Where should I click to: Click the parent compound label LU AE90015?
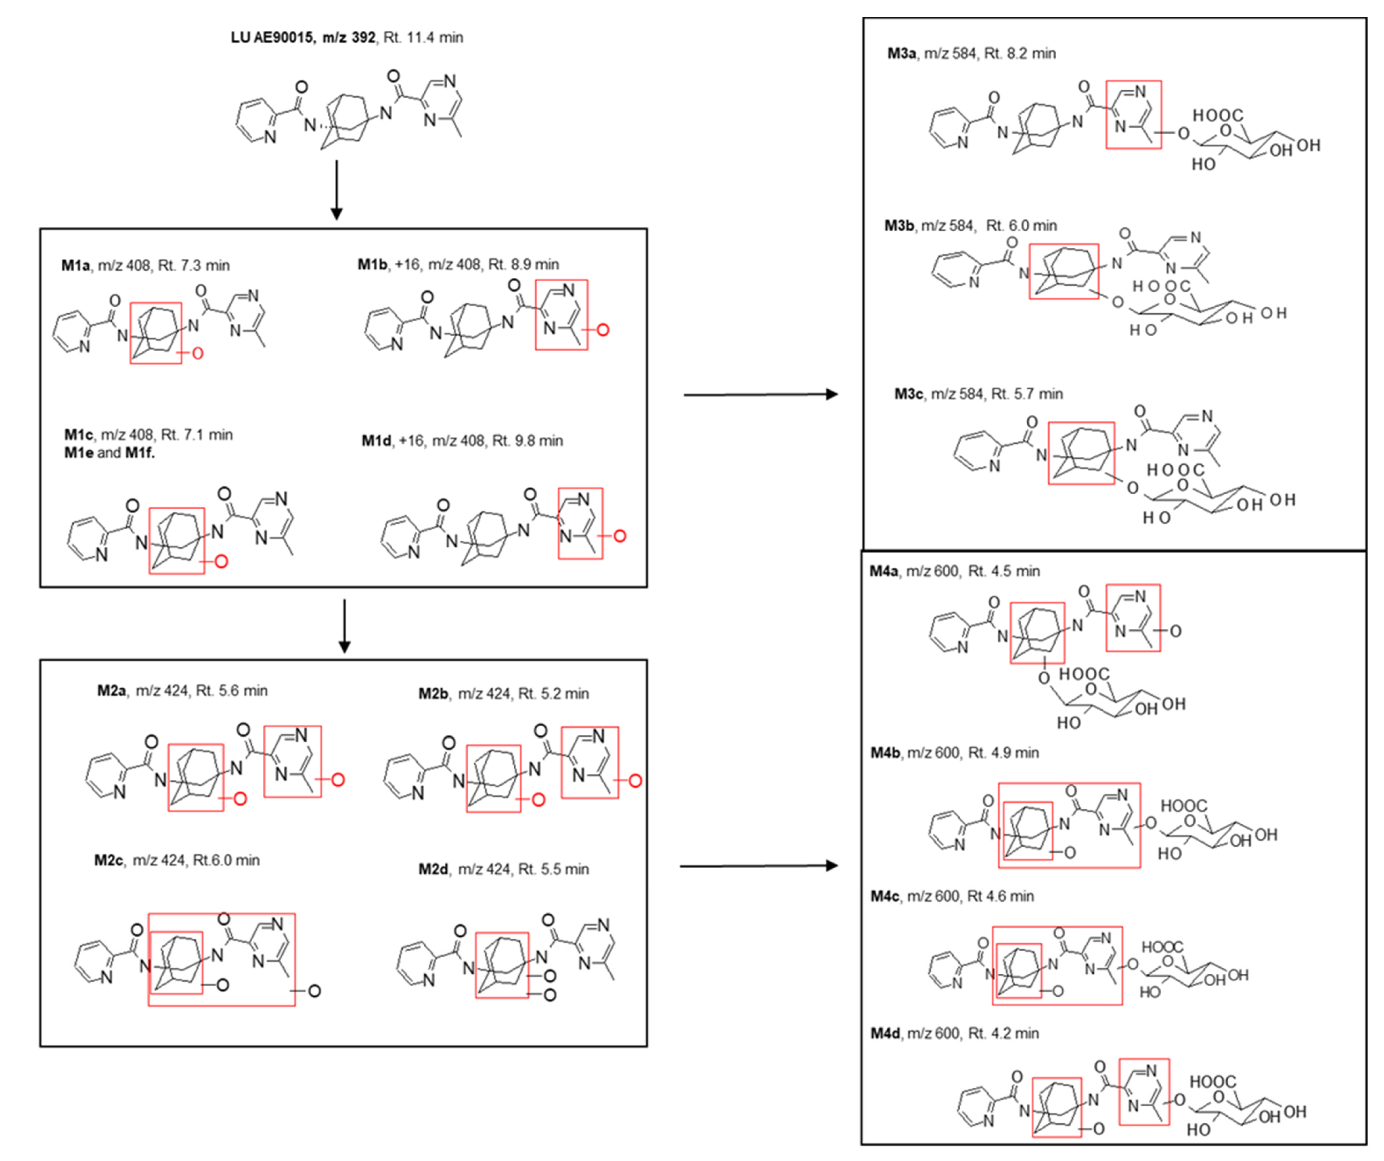(x=271, y=38)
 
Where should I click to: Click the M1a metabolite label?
(x=75, y=265)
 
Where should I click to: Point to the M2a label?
(x=111, y=690)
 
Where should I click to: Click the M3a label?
(x=901, y=53)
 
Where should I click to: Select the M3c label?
(x=908, y=394)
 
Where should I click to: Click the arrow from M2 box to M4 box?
(x=758, y=866)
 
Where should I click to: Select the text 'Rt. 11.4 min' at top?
(x=423, y=38)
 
